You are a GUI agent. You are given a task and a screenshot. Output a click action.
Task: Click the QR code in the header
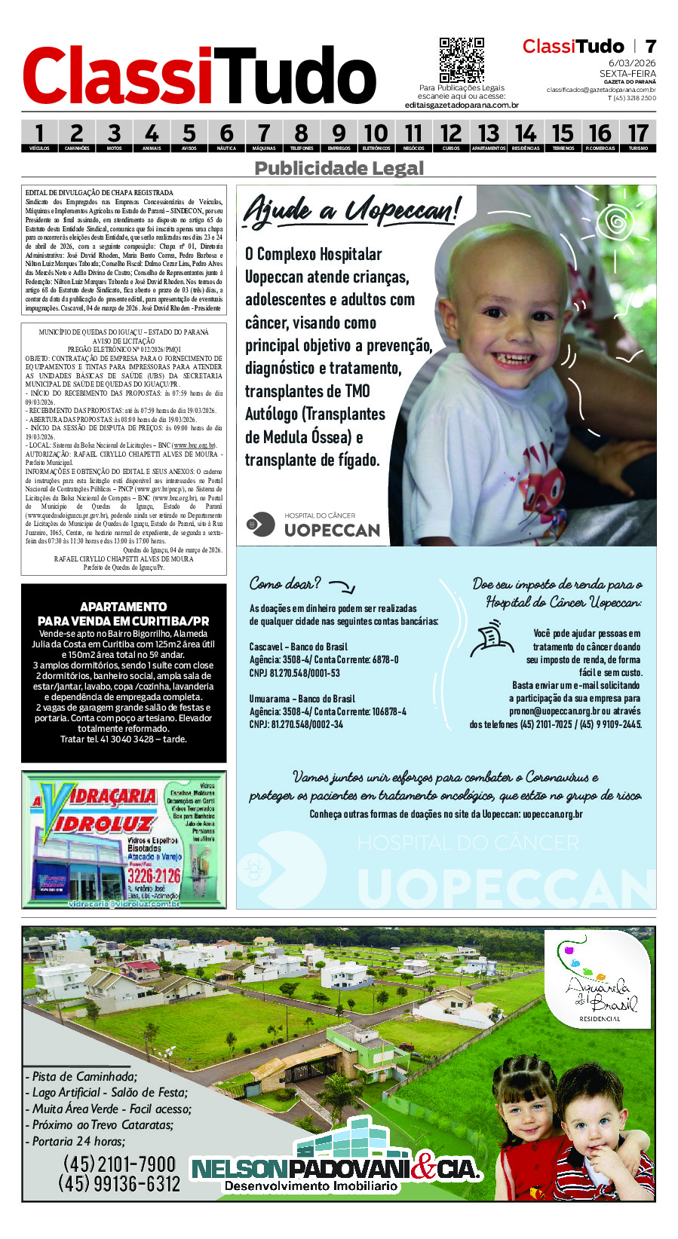pyautogui.click(x=462, y=60)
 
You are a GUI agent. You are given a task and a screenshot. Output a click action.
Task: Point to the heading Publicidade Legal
pyautogui.click(x=339, y=168)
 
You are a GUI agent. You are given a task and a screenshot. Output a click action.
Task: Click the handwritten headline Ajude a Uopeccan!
pyautogui.click(x=351, y=210)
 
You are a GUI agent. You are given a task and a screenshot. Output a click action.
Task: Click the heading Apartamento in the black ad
pyautogui.click(x=123, y=607)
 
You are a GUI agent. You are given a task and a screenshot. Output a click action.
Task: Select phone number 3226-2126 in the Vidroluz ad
pyautogui.click(x=154, y=875)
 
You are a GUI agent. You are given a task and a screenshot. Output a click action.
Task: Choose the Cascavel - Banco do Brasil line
pyautogui.click(x=299, y=647)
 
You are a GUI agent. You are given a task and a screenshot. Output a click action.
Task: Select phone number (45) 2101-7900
pyautogui.click(x=119, y=1164)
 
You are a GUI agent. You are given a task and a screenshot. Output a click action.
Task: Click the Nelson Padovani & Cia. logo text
pyautogui.click(x=336, y=1169)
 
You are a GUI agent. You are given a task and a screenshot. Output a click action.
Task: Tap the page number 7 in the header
pyautogui.click(x=650, y=47)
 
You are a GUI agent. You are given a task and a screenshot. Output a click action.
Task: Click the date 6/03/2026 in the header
pyautogui.click(x=632, y=63)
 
